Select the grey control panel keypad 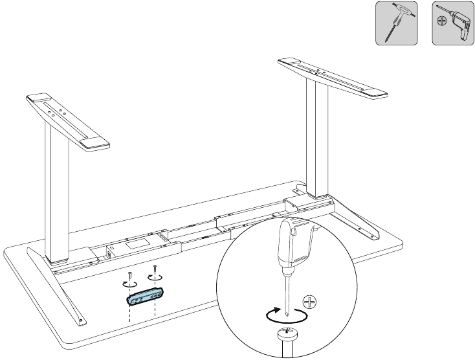click(x=143, y=297)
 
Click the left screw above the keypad click(x=130, y=275)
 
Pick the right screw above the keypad click(x=155, y=269)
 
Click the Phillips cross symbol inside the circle click(x=311, y=302)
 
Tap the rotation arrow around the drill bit click(x=285, y=316)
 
